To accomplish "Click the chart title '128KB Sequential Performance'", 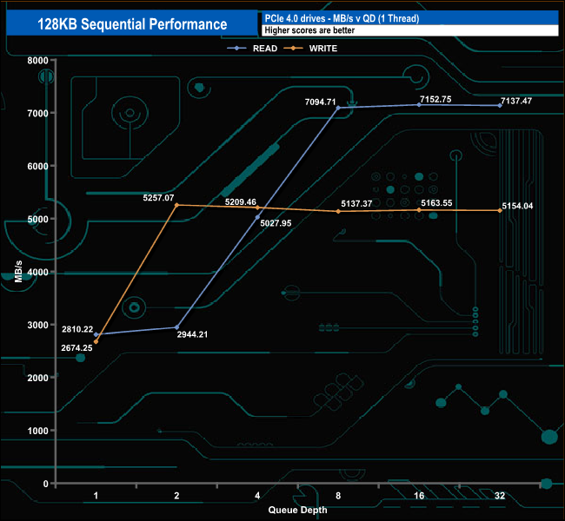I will (132, 24).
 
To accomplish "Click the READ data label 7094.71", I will (320, 102).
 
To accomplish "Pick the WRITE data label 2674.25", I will (76, 347).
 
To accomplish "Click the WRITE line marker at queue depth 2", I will (176, 205).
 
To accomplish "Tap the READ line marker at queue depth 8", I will (337, 108).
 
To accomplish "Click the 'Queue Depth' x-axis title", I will (297, 510).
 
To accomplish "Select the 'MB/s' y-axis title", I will (17, 272).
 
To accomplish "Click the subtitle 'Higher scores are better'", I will (309, 30).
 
